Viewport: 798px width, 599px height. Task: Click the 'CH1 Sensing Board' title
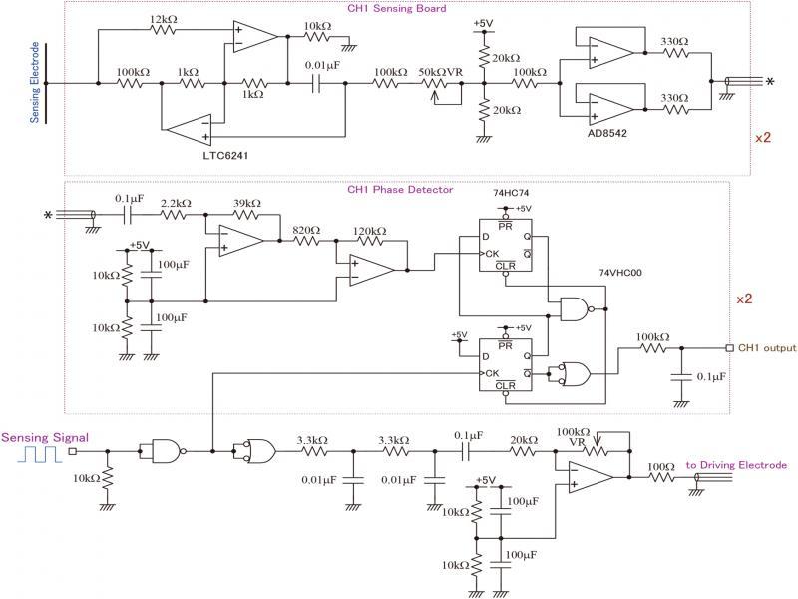(396, 9)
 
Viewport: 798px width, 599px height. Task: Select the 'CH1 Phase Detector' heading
(399, 189)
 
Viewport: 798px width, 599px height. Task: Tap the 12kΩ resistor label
(165, 19)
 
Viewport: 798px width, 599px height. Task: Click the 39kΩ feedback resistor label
(245, 203)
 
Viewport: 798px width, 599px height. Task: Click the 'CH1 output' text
(767, 348)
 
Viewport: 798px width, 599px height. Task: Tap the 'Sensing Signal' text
(44, 437)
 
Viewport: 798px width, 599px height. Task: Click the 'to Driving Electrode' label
(736, 465)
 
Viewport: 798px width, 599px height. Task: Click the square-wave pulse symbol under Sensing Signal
(42, 456)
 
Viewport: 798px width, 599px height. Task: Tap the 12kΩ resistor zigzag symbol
(165, 33)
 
